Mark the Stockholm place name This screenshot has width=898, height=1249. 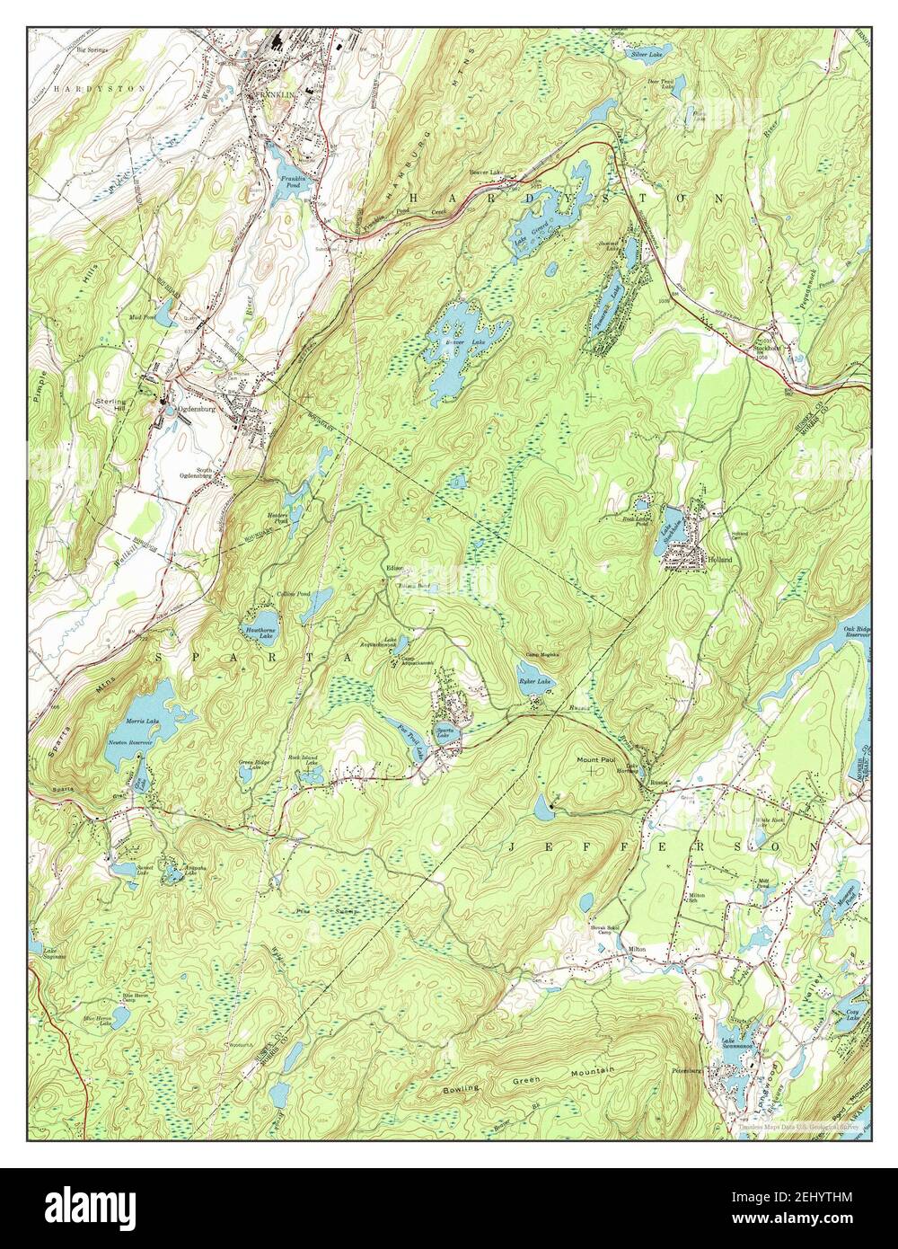tap(769, 341)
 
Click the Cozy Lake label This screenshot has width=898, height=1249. tap(852, 1015)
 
